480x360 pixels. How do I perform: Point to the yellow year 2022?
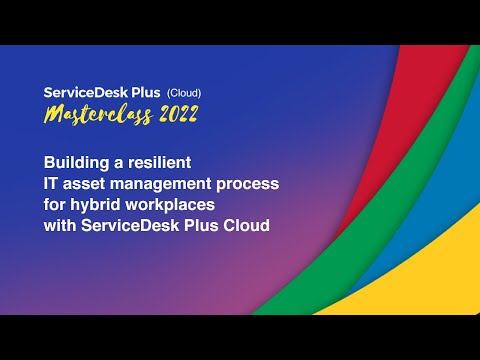(173, 115)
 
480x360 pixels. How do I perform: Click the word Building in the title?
(77, 161)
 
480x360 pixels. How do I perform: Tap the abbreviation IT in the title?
(52, 184)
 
